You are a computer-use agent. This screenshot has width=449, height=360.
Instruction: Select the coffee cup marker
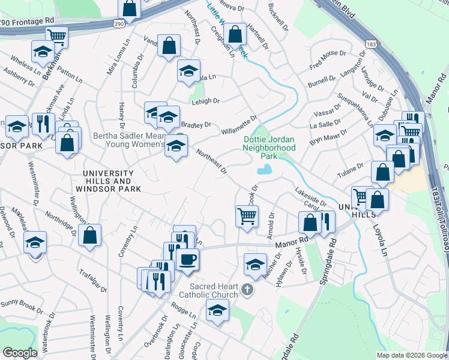pyautogui.click(x=187, y=259)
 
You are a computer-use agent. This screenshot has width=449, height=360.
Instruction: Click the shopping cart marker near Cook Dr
pyautogui.click(x=247, y=216)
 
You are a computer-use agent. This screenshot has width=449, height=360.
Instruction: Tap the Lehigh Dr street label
pyautogui.click(x=206, y=101)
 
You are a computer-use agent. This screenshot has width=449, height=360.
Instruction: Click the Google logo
pyautogui.click(x=20, y=353)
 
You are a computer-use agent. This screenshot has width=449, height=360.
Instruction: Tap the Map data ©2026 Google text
pyautogui.click(x=412, y=355)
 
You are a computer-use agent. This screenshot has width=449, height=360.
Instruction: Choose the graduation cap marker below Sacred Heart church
pyautogui.click(x=217, y=310)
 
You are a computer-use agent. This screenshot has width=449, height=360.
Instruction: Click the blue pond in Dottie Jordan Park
pyautogui.click(x=264, y=170)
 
